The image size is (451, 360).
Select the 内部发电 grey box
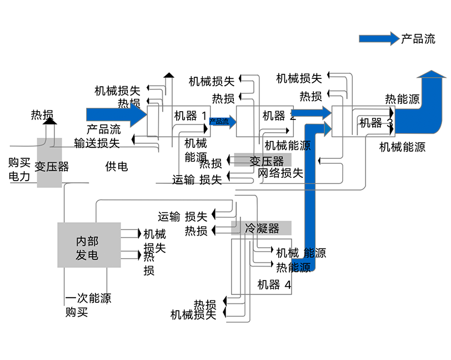(89, 244)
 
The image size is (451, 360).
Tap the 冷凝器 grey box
(261, 228)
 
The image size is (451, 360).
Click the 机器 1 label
(191, 116)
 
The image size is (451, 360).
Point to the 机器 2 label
(279, 116)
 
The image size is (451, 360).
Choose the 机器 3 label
(376, 123)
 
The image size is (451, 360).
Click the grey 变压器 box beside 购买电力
(49, 163)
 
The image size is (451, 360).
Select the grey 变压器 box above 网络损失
(263, 160)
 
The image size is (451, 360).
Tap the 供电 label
(117, 166)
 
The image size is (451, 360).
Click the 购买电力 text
(19, 169)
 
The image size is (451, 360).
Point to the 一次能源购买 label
(88, 305)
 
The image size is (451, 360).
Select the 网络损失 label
(280, 173)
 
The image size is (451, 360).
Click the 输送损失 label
(97, 143)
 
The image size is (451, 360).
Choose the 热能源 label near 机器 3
(402, 99)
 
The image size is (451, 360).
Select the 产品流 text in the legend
(418, 38)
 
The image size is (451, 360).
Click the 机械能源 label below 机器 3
(402, 147)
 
